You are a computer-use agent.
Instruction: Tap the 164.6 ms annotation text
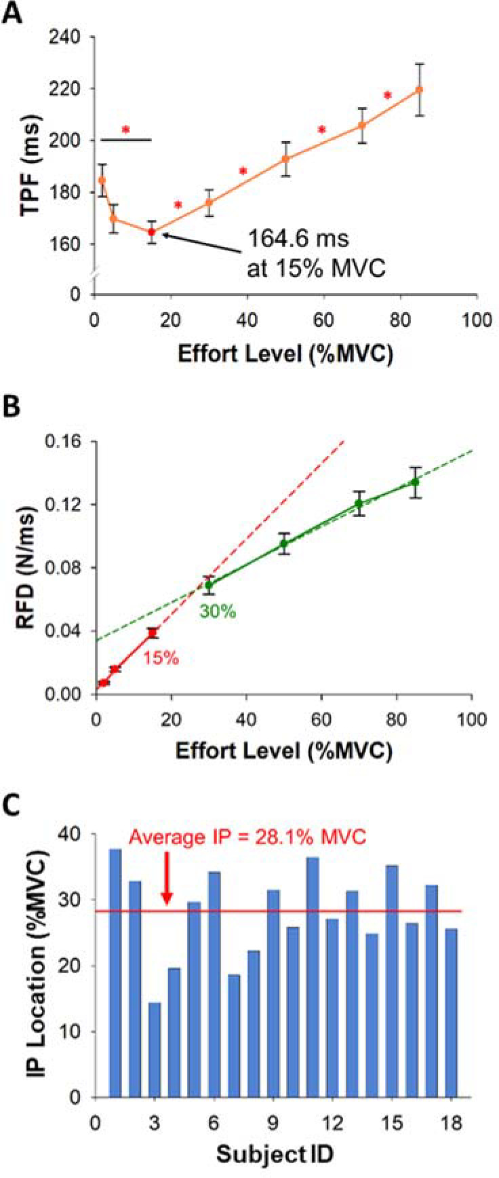click(x=299, y=239)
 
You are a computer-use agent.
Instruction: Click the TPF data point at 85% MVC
click(x=420, y=90)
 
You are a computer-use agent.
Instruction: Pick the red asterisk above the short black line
click(x=125, y=130)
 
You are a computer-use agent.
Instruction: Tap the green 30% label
click(x=217, y=611)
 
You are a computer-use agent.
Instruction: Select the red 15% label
click(x=160, y=658)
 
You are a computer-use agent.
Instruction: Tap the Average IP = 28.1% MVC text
click(x=247, y=837)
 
